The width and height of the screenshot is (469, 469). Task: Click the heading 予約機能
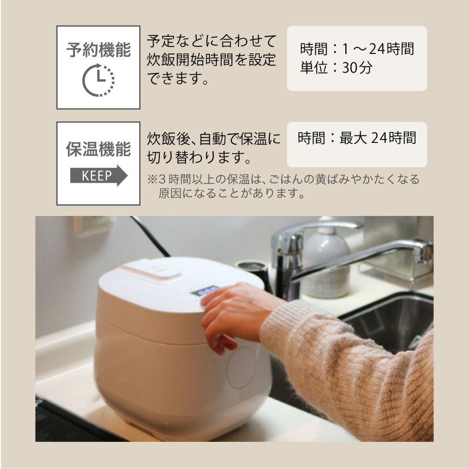point(98,50)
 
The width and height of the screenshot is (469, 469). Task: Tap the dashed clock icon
point(98,80)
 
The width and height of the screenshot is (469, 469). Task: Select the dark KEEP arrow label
point(98,176)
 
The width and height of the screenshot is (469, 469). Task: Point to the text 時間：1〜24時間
point(357,49)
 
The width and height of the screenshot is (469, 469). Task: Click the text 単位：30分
point(336,68)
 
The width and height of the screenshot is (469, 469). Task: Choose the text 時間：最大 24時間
point(357,138)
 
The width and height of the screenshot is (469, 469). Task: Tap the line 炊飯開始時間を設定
point(211,60)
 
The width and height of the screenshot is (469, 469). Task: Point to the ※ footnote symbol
point(153,179)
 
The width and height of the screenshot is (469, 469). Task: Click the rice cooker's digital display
point(205,290)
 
